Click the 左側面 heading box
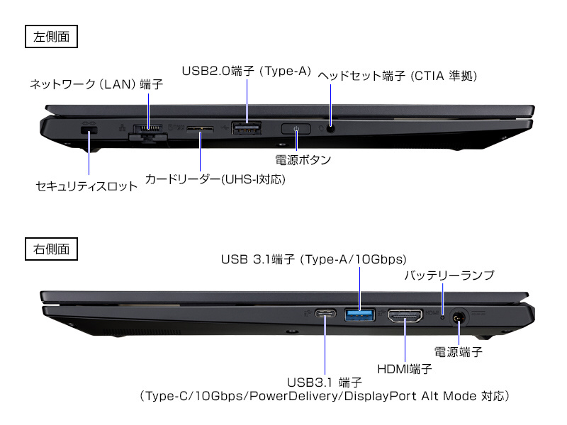[51, 37]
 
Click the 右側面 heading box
[51, 249]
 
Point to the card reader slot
[200, 129]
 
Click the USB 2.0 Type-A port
[246, 129]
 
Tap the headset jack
[330, 128]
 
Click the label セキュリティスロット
[86, 186]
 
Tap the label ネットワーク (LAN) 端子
[96, 84]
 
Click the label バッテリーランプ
[449, 275]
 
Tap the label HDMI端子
[405, 368]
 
